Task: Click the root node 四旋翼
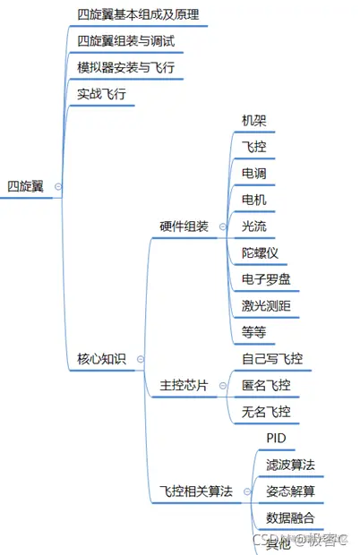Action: click(25, 186)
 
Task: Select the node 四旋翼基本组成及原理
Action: click(138, 15)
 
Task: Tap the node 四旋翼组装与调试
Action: click(125, 41)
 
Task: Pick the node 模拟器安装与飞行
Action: click(125, 67)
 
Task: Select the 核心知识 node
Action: click(102, 360)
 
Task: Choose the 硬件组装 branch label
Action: click(184, 226)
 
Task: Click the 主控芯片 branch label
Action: click(184, 386)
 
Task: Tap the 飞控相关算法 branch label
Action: click(196, 491)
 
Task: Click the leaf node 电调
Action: click(254, 173)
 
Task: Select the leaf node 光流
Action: click(254, 226)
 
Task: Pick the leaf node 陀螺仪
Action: click(261, 252)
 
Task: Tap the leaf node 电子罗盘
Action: click(266, 279)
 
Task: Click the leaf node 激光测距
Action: click(266, 306)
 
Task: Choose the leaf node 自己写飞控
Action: click(272, 359)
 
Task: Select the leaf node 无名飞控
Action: click(266, 412)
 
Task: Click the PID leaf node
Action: click(276, 439)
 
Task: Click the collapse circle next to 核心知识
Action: click(141, 360)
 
